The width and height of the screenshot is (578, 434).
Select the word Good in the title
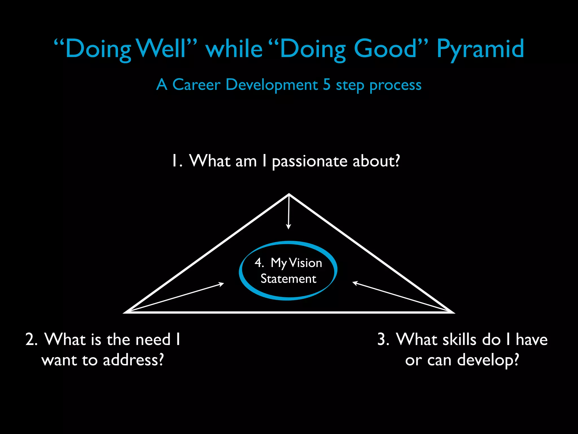click(386, 49)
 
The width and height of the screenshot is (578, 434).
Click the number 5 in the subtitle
click(327, 84)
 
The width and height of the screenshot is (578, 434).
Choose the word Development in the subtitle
click(272, 85)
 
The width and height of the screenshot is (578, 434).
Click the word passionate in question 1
click(310, 162)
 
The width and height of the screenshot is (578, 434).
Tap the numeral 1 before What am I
click(175, 161)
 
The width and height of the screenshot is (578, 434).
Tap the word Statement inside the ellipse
click(288, 279)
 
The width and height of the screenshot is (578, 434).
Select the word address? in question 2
click(133, 360)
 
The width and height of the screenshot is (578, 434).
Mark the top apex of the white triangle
click(289, 194)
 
